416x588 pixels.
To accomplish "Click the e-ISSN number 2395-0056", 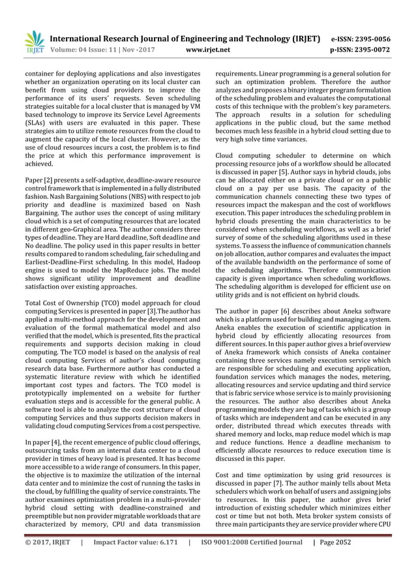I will [x=376, y=38].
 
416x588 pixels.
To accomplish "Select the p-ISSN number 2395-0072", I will [x=376, y=49].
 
